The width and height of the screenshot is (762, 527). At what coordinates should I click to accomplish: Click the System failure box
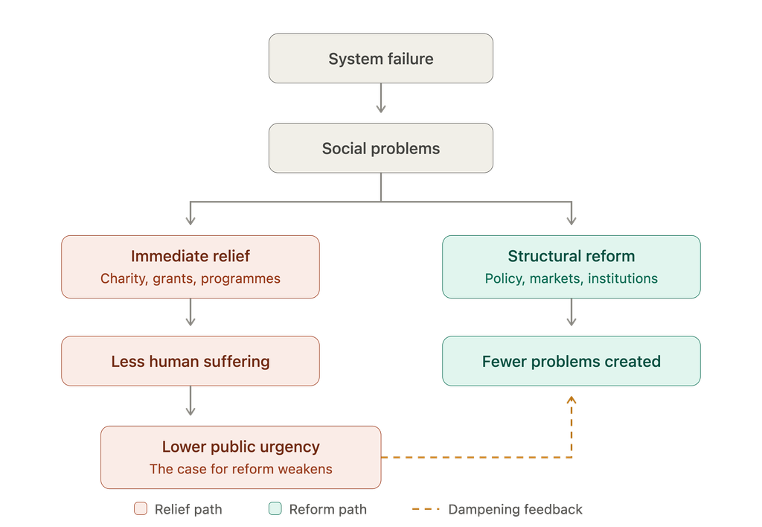click(x=381, y=58)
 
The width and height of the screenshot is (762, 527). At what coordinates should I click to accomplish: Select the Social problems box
click(x=381, y=148)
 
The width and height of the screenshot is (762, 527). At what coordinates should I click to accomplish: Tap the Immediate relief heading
click(x=190, y=256)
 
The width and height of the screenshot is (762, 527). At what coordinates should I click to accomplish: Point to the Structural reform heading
click(x=571, y=256)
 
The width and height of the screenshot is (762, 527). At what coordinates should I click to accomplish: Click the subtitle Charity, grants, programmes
click(x=190, y=278)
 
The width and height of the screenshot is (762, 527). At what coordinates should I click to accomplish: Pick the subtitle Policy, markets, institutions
click(x=571, y=278)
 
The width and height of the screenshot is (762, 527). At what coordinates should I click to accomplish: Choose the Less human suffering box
click(x=190, y=361)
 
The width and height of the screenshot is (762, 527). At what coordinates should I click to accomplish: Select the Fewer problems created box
click(x=571, y=361)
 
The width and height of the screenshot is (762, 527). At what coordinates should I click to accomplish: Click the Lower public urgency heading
click(x=241, y=447)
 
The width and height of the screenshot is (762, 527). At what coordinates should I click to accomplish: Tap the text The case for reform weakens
click(x=241, y=469)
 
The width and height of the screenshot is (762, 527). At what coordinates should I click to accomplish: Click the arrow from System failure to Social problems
click(x=381, y=98)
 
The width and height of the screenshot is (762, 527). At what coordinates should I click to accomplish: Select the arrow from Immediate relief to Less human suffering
click(x=190, y=312)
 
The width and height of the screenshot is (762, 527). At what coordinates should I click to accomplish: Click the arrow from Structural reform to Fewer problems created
click(x=571, y=312)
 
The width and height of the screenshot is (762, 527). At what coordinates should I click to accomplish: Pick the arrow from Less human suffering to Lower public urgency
click(x=190, y=400)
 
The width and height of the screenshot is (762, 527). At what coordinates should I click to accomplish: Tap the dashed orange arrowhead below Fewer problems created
click(x=571, y=400)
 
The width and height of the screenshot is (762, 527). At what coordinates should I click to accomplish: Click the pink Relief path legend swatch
click(x=141, y=508)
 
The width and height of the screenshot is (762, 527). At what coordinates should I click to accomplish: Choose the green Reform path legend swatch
click(x=275, y=508)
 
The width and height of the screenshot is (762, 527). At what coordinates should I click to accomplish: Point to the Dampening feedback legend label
click(x=515, y=509)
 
